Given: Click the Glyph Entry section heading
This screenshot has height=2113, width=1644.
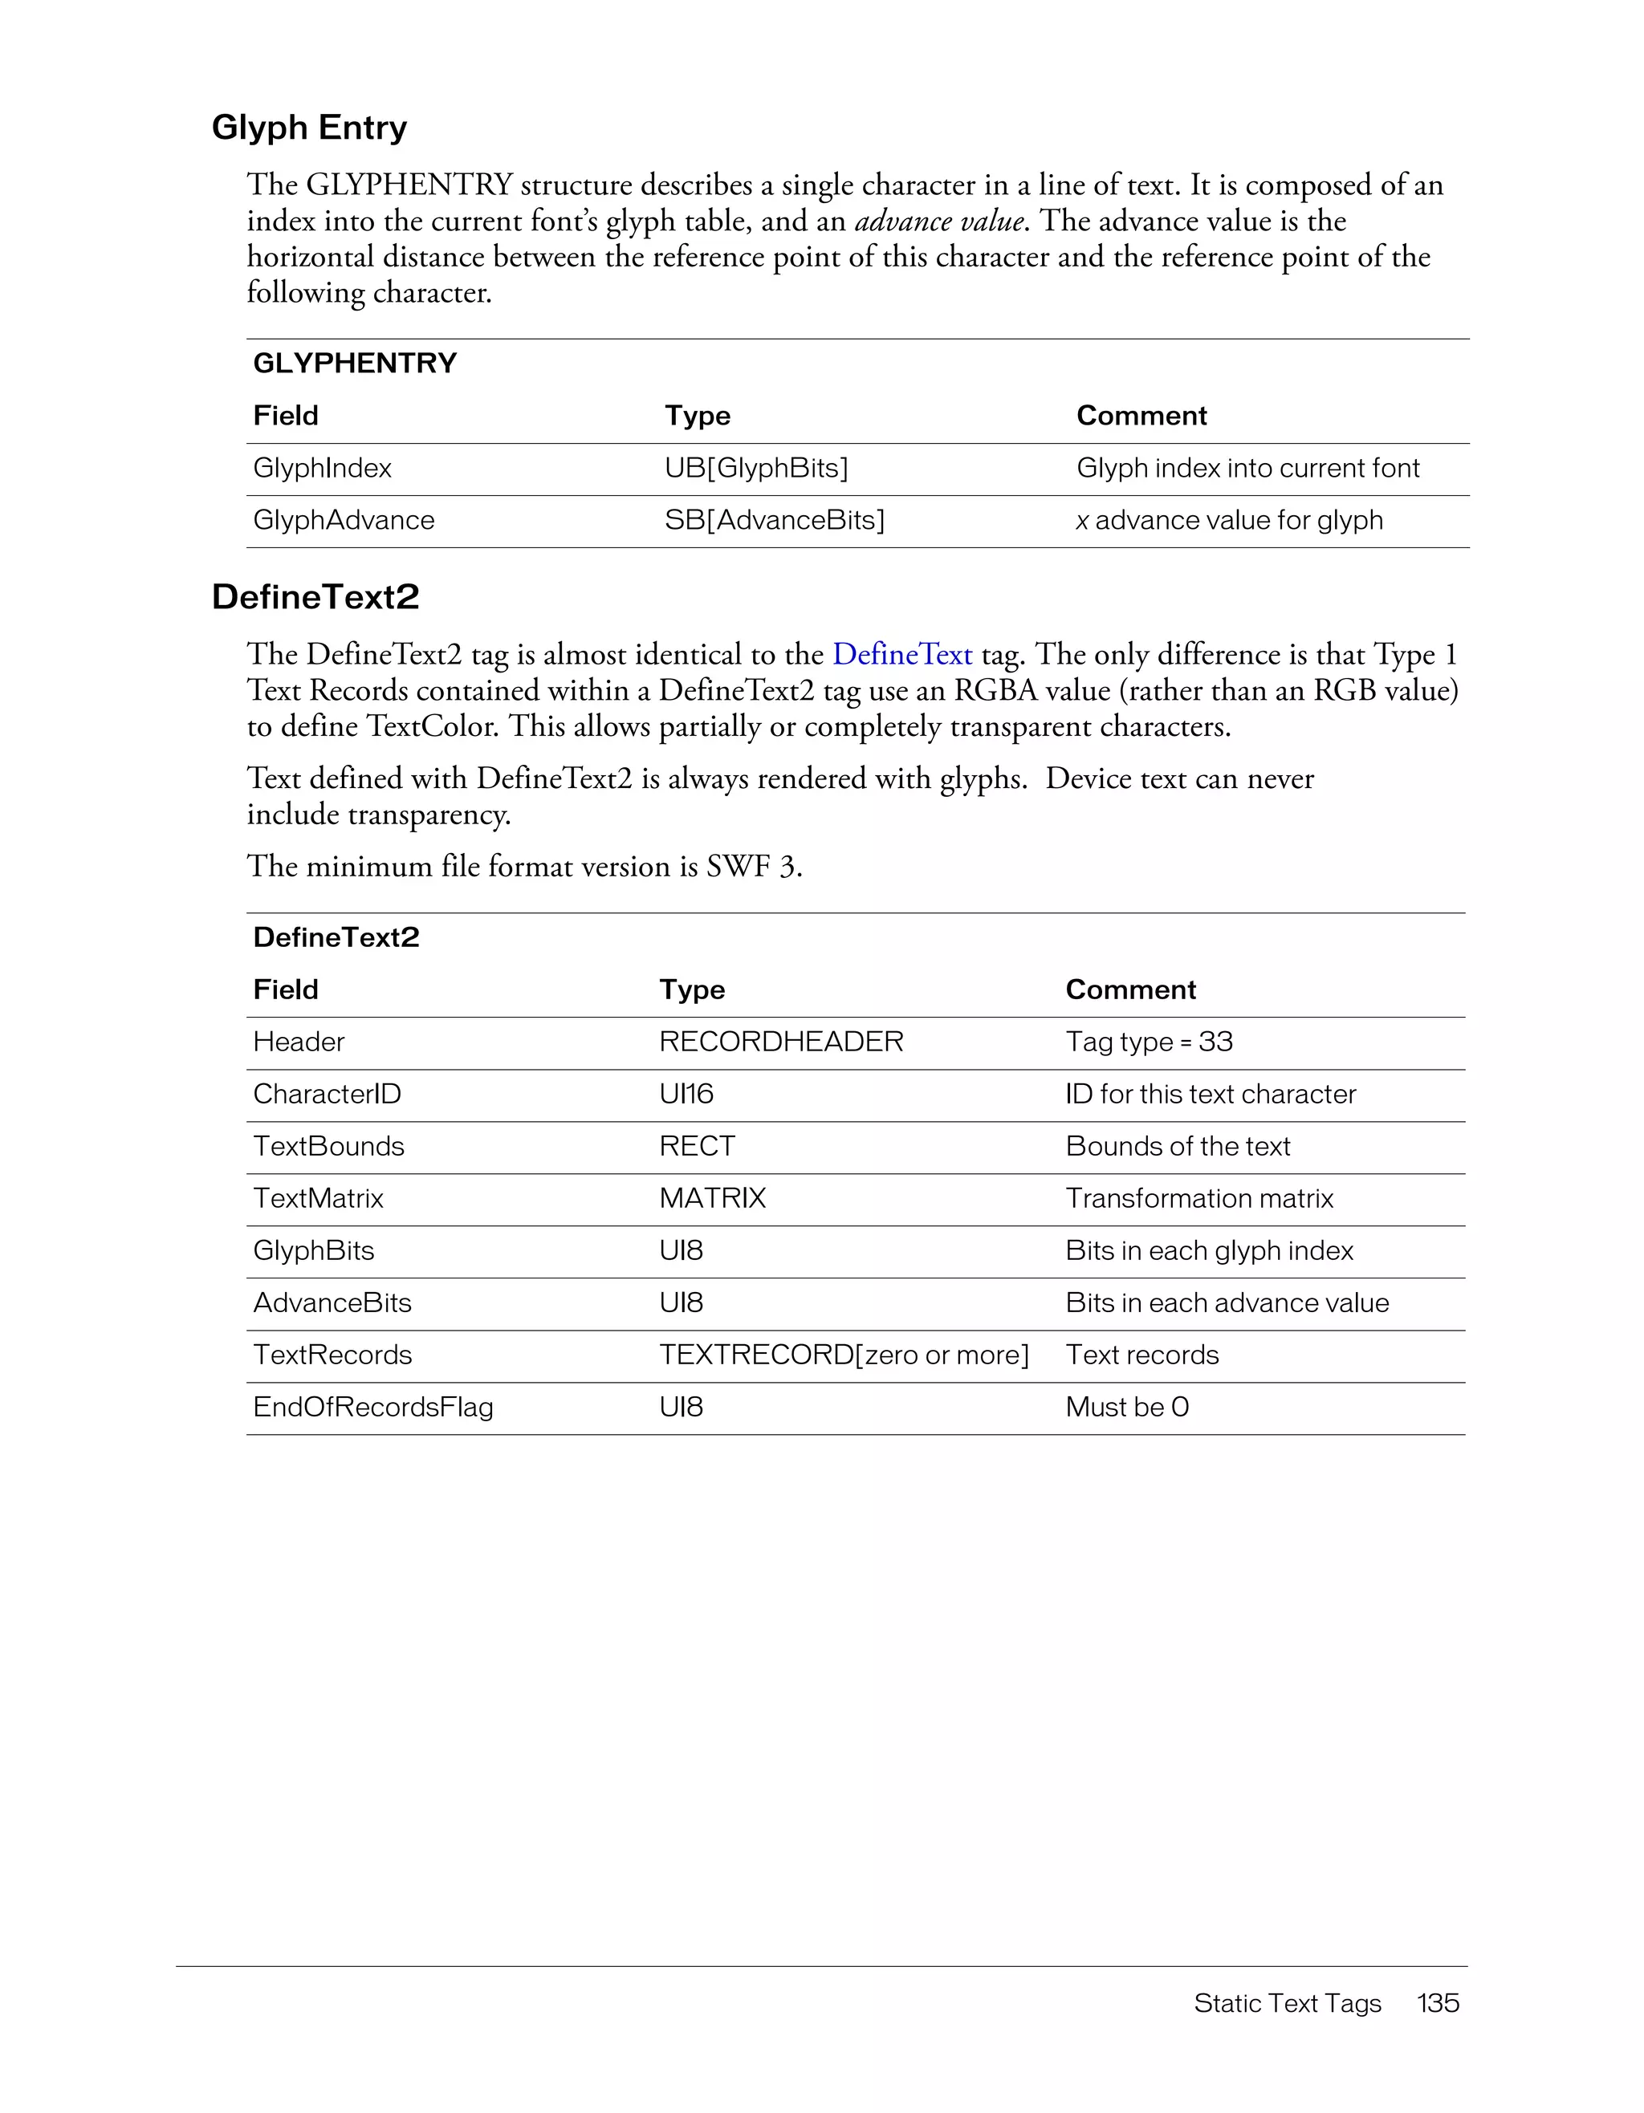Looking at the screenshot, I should point(309,128).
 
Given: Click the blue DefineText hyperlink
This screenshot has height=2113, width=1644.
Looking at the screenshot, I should point(901,655).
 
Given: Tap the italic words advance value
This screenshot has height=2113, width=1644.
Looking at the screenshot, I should point(938,221).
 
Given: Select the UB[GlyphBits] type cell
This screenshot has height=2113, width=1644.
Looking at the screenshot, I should point(755,469).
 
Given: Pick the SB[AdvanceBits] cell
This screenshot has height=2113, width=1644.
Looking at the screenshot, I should point(774,521).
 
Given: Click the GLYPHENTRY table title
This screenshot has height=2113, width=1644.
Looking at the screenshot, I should point(354,364).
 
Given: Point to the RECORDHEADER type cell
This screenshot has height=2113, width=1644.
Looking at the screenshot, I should point(781,1042).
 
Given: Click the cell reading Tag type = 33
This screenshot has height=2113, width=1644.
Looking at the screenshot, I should point(1149,1042).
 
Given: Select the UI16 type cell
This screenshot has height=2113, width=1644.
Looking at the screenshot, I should point(686,1095).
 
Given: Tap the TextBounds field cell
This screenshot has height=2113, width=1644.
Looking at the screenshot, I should point(328,1147).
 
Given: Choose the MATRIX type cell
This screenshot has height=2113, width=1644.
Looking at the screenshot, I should point(712,1199).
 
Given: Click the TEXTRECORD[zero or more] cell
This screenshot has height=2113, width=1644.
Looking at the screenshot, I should point(844,1355).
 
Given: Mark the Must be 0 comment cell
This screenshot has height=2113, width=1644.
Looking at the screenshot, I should point(1126,1408).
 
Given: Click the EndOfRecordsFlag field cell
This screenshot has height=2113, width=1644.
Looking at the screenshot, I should point(372,1408).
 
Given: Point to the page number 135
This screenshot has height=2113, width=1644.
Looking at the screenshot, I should point(1437,2004).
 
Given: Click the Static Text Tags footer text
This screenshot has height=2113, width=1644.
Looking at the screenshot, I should point(1286,2004).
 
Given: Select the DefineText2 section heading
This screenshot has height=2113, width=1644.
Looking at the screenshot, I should point(315,598).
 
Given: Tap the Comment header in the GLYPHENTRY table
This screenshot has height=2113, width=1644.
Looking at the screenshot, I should point(1141,416).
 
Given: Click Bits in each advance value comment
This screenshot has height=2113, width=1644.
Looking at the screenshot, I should point(1226,1303).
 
